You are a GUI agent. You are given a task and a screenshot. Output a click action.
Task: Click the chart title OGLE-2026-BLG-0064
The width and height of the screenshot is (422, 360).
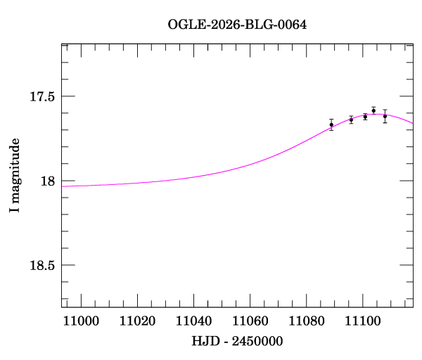[237, 25]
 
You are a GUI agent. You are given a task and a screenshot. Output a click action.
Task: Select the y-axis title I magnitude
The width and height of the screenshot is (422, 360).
[14, 176]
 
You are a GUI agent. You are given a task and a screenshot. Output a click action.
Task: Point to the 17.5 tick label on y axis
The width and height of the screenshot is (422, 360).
[42, 96]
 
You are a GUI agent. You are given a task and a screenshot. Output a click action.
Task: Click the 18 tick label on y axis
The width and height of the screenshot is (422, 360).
[48, 181]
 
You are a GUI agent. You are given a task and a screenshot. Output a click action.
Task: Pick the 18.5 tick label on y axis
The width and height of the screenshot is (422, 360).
[42, 265]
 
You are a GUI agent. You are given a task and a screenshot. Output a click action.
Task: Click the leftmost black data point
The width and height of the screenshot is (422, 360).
[331, 124]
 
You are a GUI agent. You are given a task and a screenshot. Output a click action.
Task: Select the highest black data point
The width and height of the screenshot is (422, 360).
[373, 110]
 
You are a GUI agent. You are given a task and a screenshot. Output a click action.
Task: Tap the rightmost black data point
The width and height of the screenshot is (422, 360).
[385, 116]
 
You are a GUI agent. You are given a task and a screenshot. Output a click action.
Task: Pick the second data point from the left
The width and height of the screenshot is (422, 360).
[351, 120]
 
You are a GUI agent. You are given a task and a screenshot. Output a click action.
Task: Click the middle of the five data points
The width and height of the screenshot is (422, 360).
[365, 117]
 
